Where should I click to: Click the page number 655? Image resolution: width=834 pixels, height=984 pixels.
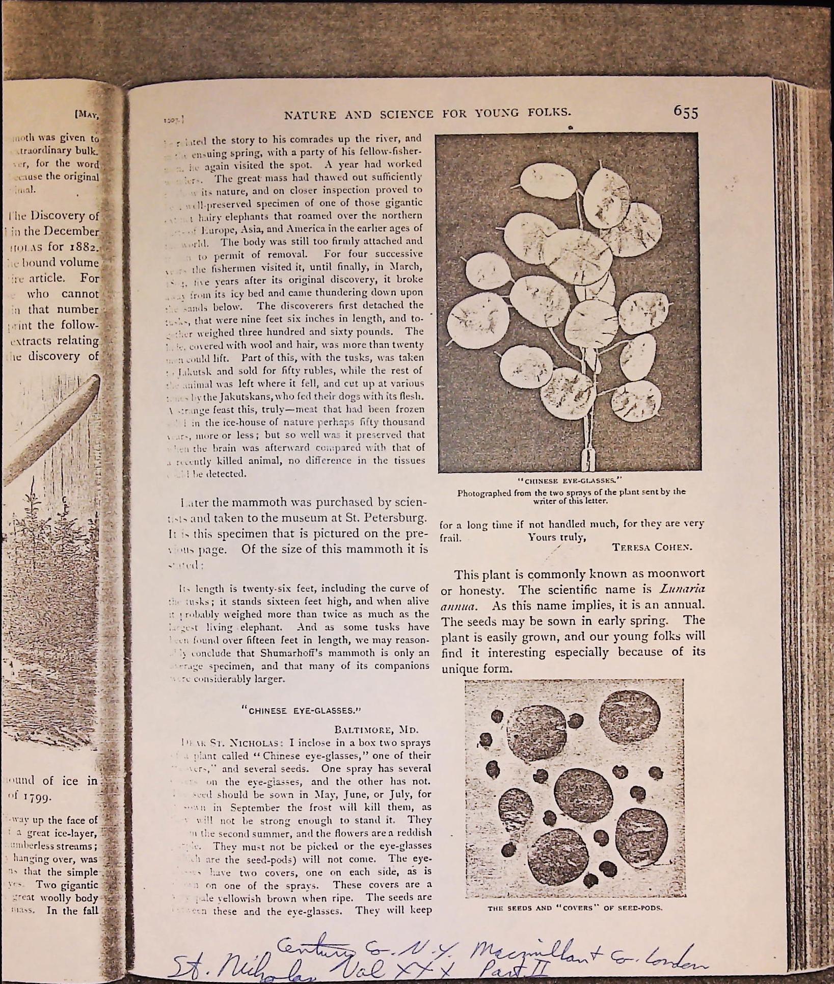685,112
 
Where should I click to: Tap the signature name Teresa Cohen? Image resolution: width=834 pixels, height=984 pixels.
652,547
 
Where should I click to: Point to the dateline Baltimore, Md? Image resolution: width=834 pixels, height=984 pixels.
376,729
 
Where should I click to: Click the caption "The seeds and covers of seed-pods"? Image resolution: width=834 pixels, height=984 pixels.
575,908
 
